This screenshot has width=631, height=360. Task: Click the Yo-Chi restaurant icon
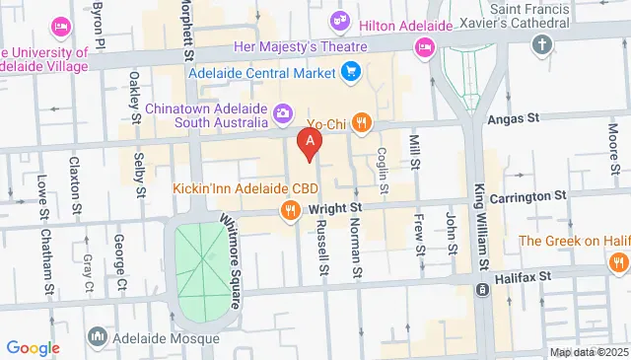pos(362,122)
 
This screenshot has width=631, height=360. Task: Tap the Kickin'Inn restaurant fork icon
pos(290,209)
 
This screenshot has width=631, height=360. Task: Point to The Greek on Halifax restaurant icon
pos(618,261)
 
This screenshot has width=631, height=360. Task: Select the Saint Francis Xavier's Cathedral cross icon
pos(540,44)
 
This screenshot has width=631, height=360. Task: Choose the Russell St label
pos(322,252)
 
